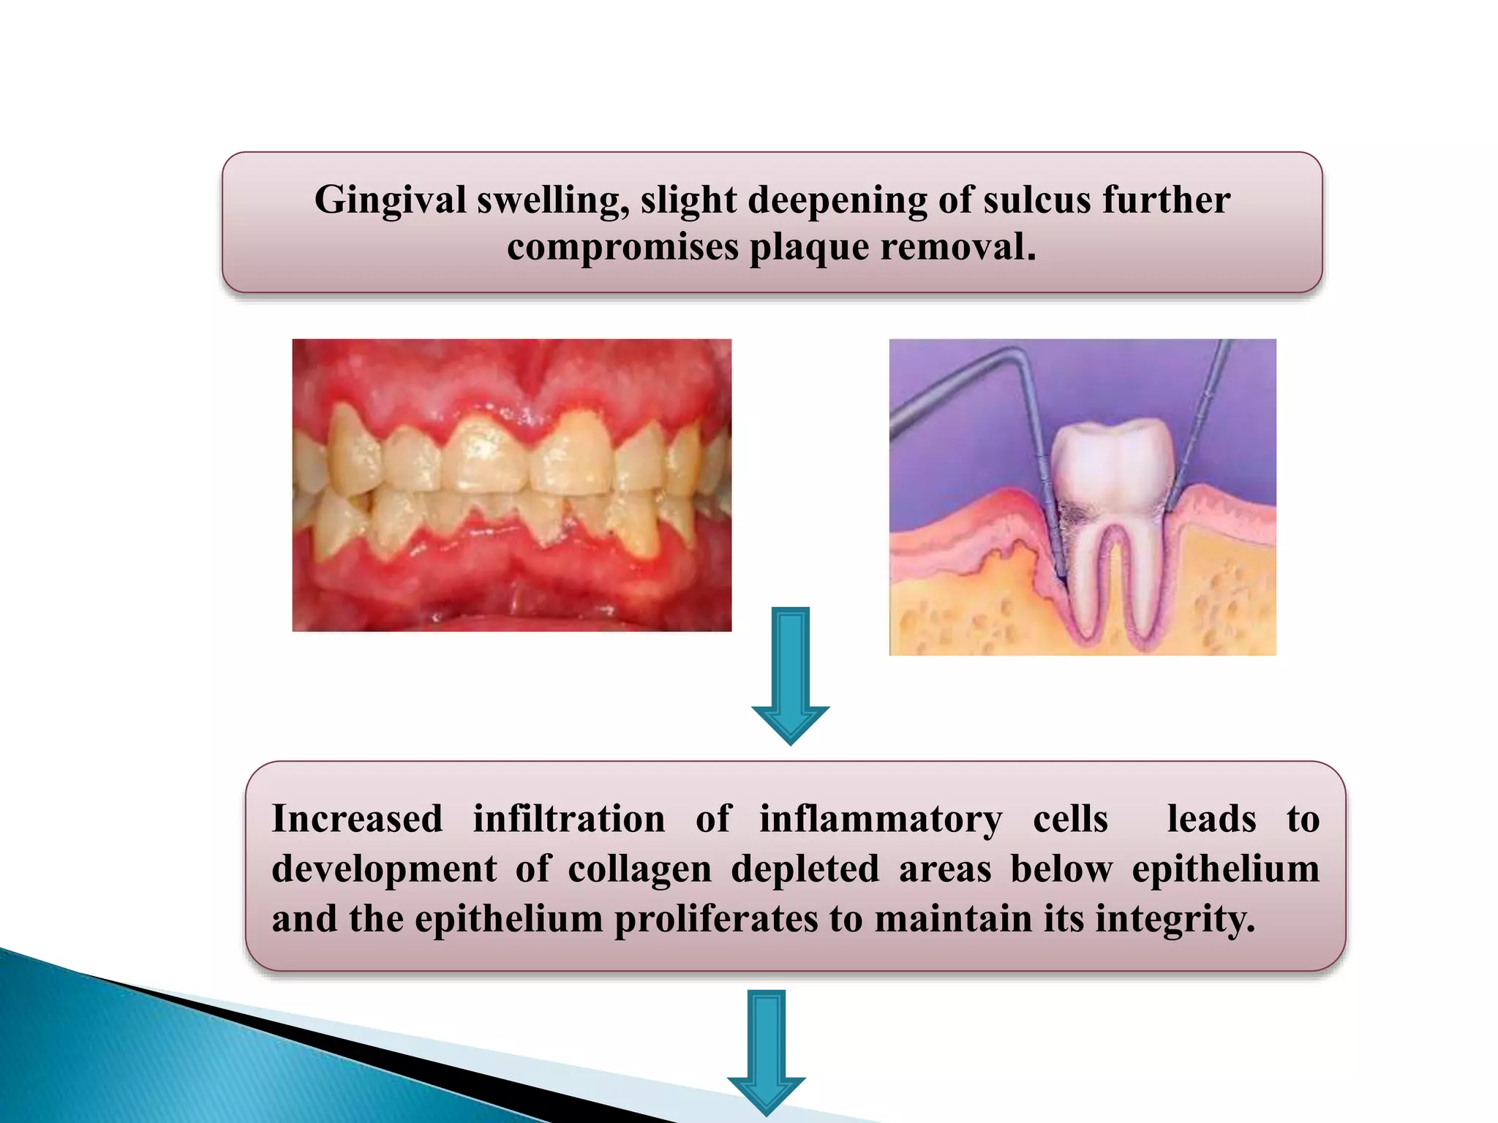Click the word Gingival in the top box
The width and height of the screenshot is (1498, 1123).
coord(389,200)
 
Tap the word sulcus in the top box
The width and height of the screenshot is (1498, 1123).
coord(1036,200)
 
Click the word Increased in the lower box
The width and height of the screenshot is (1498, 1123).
coord(357,818)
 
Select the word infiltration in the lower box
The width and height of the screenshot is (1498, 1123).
coord(569,818)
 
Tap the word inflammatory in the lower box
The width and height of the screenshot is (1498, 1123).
coord(881,820)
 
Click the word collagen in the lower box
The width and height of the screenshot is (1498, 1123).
coord(639,869)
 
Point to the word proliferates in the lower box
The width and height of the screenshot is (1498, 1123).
coord(715,919)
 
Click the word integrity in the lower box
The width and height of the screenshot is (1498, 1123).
coord(1174,919)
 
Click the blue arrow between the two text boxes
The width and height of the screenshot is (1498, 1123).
coord(790,673)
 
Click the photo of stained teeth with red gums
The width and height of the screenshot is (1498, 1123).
coord(511,485)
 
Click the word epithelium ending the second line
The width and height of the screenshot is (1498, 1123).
coord(1225,869)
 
